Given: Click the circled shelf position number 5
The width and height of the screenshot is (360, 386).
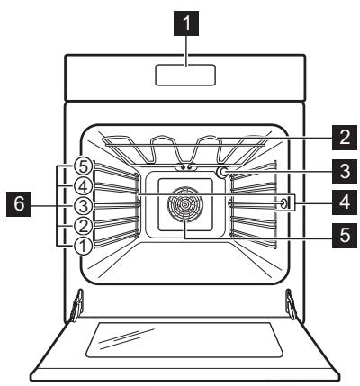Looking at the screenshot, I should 83,167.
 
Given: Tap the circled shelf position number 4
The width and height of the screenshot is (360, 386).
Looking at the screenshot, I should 83,186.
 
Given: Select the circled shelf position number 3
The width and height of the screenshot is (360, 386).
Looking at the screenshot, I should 83,205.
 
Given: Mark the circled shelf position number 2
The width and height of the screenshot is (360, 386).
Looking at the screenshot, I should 83,225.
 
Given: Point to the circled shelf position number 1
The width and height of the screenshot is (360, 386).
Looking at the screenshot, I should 83,244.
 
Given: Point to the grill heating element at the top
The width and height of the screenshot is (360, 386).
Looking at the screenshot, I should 184,144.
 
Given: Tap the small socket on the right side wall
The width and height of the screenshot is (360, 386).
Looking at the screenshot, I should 283,204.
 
